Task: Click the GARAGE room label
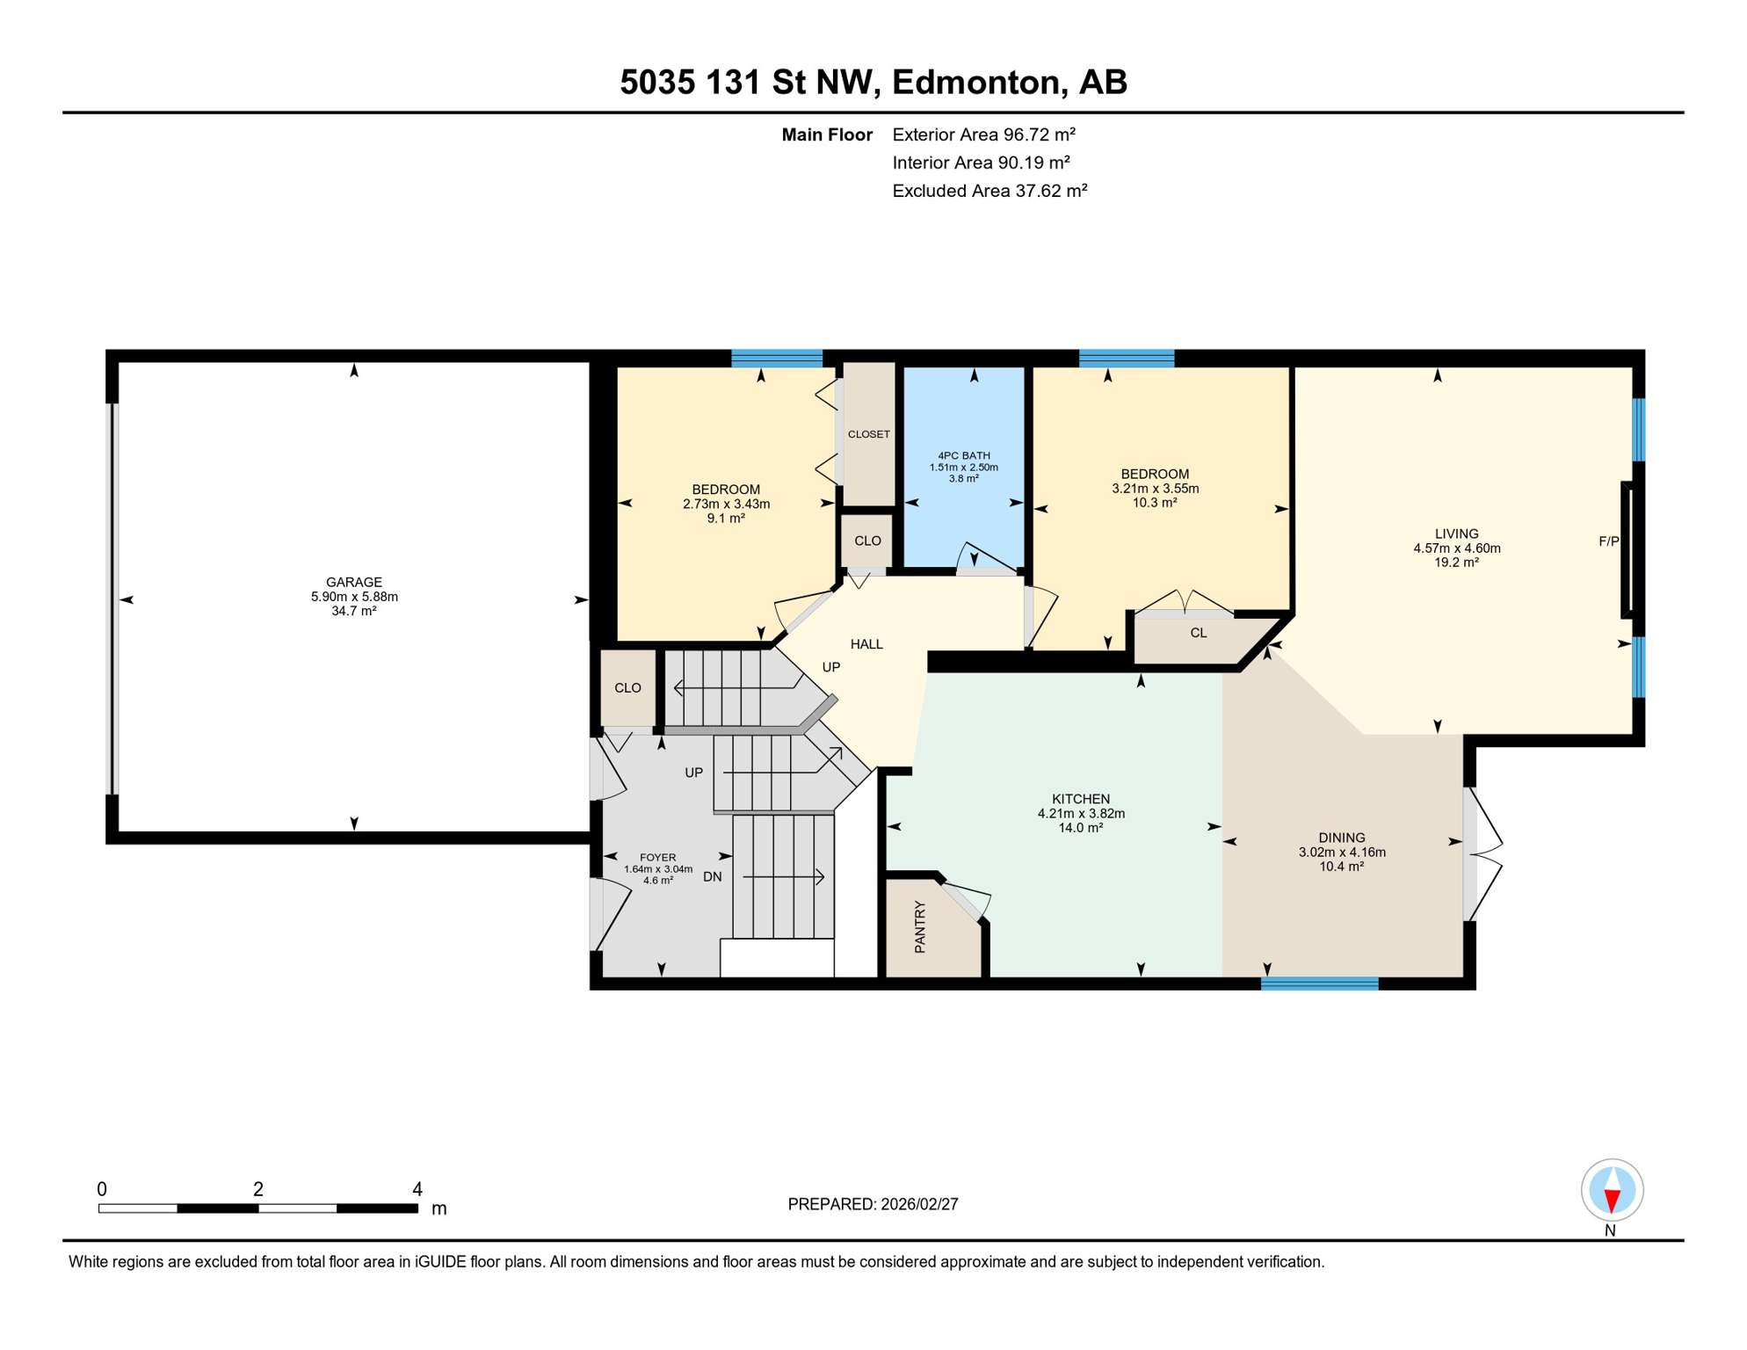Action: [x=354, y=582]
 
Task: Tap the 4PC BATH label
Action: [x=964, y=455]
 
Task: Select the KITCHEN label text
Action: [x=1081, y=799]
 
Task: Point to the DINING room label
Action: [x=1342, y=838]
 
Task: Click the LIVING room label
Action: [x=1457, y=533]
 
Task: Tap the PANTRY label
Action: [x=920, y=926]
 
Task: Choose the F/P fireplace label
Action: [x=1608, y=541]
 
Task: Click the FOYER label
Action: [x=658, y=857]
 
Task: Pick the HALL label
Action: [x=866, y=644]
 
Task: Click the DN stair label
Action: [x=713, y=876]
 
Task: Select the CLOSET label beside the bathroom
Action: [x=869, y=434]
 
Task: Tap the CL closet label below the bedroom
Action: [x=1199, y=633]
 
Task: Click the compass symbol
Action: [x=1612, y=1190]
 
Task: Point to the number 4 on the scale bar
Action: [x=417, y=1189]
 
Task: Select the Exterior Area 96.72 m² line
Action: [x=984, y=134]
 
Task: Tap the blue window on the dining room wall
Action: [x=1320, y=983]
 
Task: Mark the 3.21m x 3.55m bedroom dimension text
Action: [x=1156, y=489]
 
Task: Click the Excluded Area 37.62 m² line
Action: [x=990, y=191]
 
